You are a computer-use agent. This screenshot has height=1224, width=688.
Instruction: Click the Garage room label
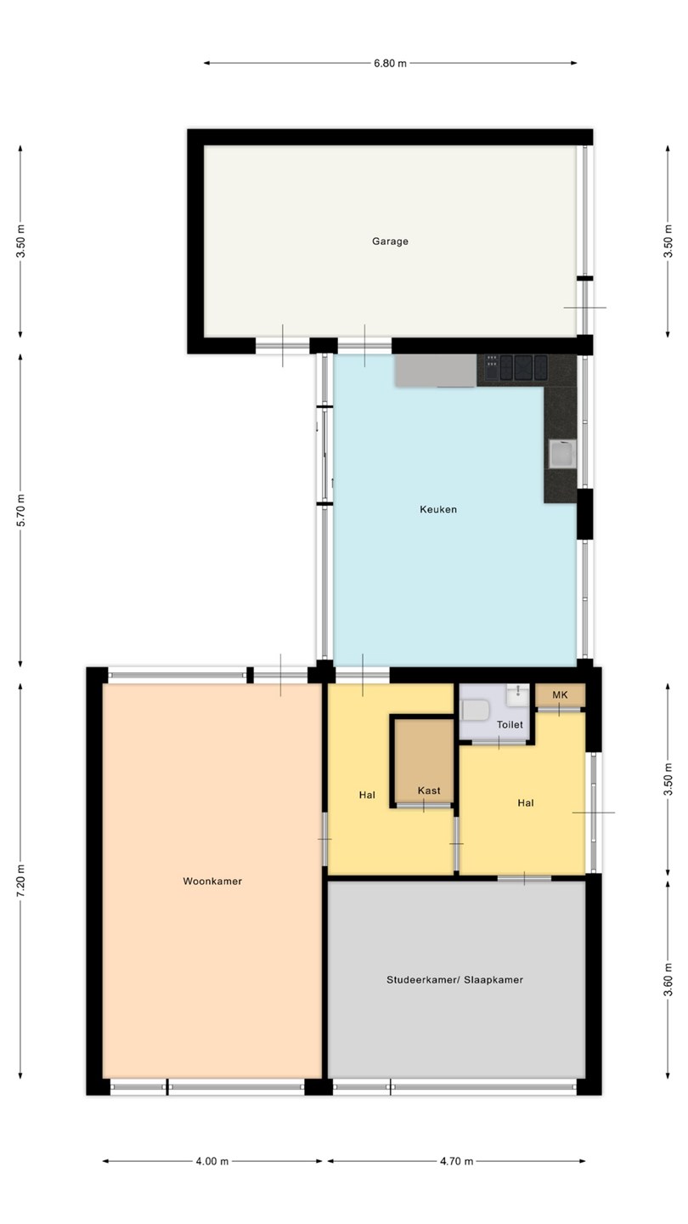tap(390, 241)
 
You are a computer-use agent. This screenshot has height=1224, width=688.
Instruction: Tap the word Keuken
tap(438, 509)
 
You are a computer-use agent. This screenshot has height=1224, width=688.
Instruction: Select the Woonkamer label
tap(212, 881)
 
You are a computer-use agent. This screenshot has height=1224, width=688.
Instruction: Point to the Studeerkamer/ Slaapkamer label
tap(455, 980)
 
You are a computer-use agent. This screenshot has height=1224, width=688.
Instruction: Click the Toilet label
tap(510, 724)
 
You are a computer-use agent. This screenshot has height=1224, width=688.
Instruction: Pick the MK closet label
tap(561, 694)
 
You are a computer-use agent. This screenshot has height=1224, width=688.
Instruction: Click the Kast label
tap(429, 790)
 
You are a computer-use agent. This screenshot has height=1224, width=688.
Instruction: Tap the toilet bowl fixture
tap(475, 711)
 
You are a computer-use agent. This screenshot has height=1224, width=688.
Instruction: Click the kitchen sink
tap(562, 454)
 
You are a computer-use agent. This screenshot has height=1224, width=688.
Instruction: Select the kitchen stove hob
tap(516, 367)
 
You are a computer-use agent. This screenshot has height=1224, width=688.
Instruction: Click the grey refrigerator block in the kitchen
tap(436, 371)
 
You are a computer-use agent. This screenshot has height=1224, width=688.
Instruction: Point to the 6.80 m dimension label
tap(390, 64)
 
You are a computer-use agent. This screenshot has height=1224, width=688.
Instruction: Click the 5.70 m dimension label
tap(20, 510)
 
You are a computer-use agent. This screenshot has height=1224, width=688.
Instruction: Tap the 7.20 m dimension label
tap(20, 881)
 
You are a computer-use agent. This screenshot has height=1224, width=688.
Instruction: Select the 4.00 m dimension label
tap(212, 1161)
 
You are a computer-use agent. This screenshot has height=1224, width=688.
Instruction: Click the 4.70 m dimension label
tap(456, 1161)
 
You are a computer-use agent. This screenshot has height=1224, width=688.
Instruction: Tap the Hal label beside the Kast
tap(367, 795)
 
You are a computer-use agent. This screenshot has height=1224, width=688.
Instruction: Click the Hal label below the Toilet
tap(525, 802)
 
